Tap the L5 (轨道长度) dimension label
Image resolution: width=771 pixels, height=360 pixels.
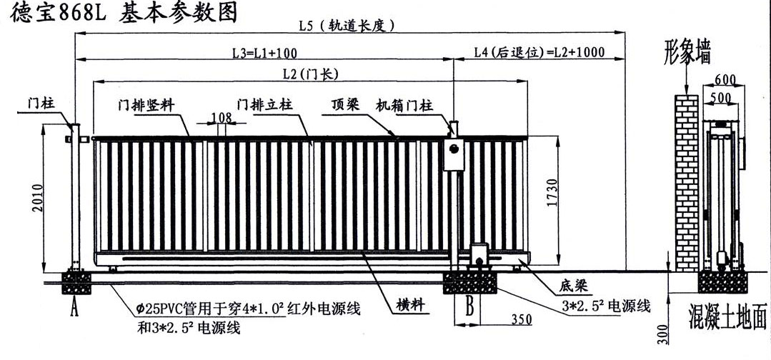point(347,25)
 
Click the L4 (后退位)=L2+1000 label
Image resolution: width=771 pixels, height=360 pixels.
point(539,51)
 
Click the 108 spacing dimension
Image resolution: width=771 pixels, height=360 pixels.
point(222,117)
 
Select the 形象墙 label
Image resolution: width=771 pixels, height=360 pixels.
point(687,54)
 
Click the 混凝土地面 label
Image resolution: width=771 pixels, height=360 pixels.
point(727,314)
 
